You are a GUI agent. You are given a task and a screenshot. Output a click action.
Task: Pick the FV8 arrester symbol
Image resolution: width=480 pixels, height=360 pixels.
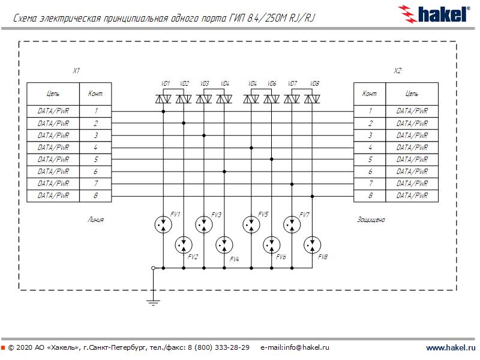click(312, 244)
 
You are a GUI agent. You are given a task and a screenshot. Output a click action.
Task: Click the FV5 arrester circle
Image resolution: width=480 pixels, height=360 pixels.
click(251, 224)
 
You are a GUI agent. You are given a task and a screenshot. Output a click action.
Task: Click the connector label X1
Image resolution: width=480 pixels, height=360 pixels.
click(76, 71)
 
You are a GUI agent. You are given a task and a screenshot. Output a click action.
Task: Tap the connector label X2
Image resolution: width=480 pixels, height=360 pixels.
click(397, 71)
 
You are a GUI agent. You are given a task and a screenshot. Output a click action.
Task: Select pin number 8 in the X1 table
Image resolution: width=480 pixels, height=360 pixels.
click(95, 196)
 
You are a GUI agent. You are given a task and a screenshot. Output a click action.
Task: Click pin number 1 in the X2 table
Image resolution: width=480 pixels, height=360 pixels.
click(370, 111)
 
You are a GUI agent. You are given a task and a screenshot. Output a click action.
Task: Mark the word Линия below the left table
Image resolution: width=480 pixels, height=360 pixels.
click(95, 220)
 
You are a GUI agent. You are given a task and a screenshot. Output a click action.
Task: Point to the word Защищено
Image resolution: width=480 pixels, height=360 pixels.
click(371, 220)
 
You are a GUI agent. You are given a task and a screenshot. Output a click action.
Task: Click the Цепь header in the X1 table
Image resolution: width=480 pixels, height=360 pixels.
click(53, 94)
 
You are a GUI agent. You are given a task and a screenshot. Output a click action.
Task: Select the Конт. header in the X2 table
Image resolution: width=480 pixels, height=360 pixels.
click(370, 94)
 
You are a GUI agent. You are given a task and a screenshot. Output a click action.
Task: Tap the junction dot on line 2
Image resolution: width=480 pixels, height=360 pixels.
click(183, 123)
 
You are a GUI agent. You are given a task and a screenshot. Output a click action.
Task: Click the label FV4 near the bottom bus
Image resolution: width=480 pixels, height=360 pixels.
click(235, 259)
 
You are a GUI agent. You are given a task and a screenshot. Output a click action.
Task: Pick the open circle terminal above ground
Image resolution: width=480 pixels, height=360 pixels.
click(154, 268)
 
